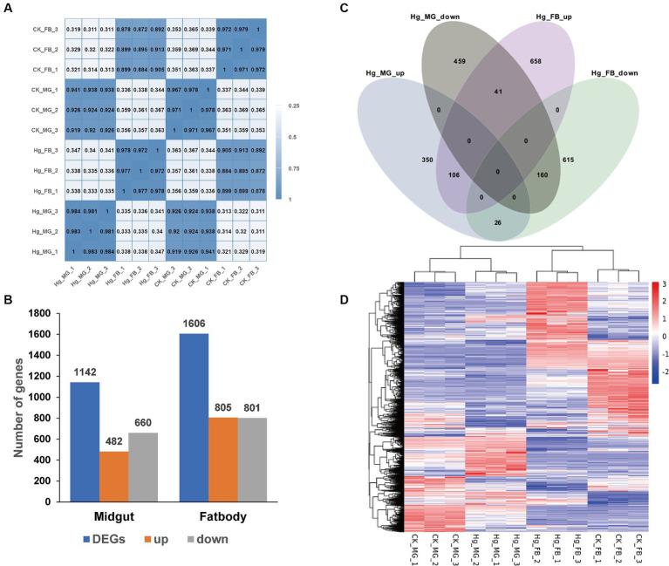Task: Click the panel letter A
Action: (x=7, y=8)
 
